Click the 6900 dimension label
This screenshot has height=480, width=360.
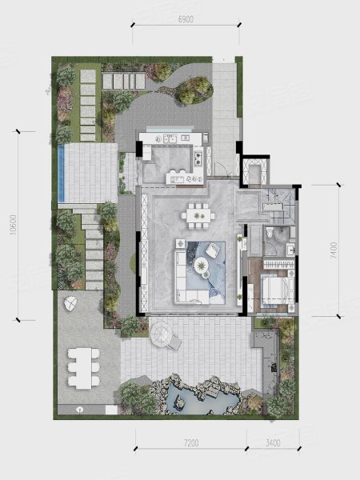point(186,19)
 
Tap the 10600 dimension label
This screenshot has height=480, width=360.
point(14,225)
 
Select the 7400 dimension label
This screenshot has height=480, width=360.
point(334,251)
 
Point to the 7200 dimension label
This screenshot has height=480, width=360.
point(191,442)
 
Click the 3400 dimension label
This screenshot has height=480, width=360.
point(273,442)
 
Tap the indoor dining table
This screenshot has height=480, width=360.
point(198,215)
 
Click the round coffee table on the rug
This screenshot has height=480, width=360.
point(201,265)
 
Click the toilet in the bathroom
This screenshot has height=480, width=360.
point(270,233)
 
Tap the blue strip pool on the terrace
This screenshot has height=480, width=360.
point(62,173)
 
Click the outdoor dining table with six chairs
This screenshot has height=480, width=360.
point(83,368)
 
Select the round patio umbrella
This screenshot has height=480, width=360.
point(162,334)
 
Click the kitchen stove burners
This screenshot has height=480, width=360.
point(198,158)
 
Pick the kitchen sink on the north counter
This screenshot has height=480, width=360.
point(170,139)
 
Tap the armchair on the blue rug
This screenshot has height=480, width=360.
point(213,250)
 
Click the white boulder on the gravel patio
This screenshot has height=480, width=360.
point(70,304)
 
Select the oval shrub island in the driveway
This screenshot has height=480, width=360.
point(194,90)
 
